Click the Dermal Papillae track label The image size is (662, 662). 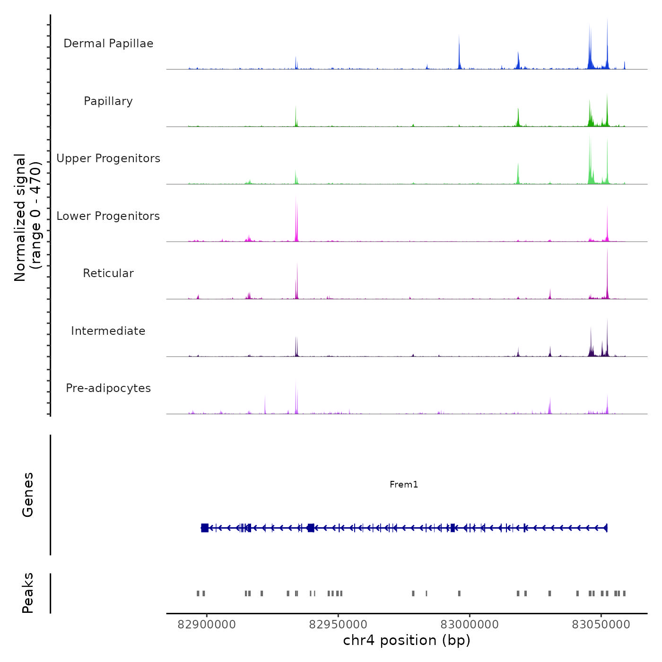[108, 44]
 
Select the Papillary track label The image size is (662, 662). [108, 101]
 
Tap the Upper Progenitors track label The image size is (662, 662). [108, 158]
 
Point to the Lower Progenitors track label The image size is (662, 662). [108, 216]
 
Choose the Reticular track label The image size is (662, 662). [108, 273]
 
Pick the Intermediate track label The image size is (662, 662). [108, 331]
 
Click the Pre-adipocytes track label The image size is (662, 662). [108, 388]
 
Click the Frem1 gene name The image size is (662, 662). [404, 484]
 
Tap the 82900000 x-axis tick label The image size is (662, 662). [207, 625]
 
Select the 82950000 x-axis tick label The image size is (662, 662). [338, 625]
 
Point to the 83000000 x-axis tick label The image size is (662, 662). [470, 625]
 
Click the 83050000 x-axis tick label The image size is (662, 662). [601, 625]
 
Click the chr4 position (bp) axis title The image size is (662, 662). [407, 640]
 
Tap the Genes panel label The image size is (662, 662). [28, 495]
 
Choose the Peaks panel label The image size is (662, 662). [28, 593]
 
